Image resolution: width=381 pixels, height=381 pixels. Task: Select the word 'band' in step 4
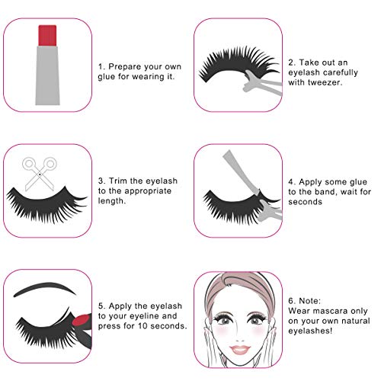point(319,194)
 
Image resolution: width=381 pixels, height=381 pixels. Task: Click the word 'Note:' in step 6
point(299,301)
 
